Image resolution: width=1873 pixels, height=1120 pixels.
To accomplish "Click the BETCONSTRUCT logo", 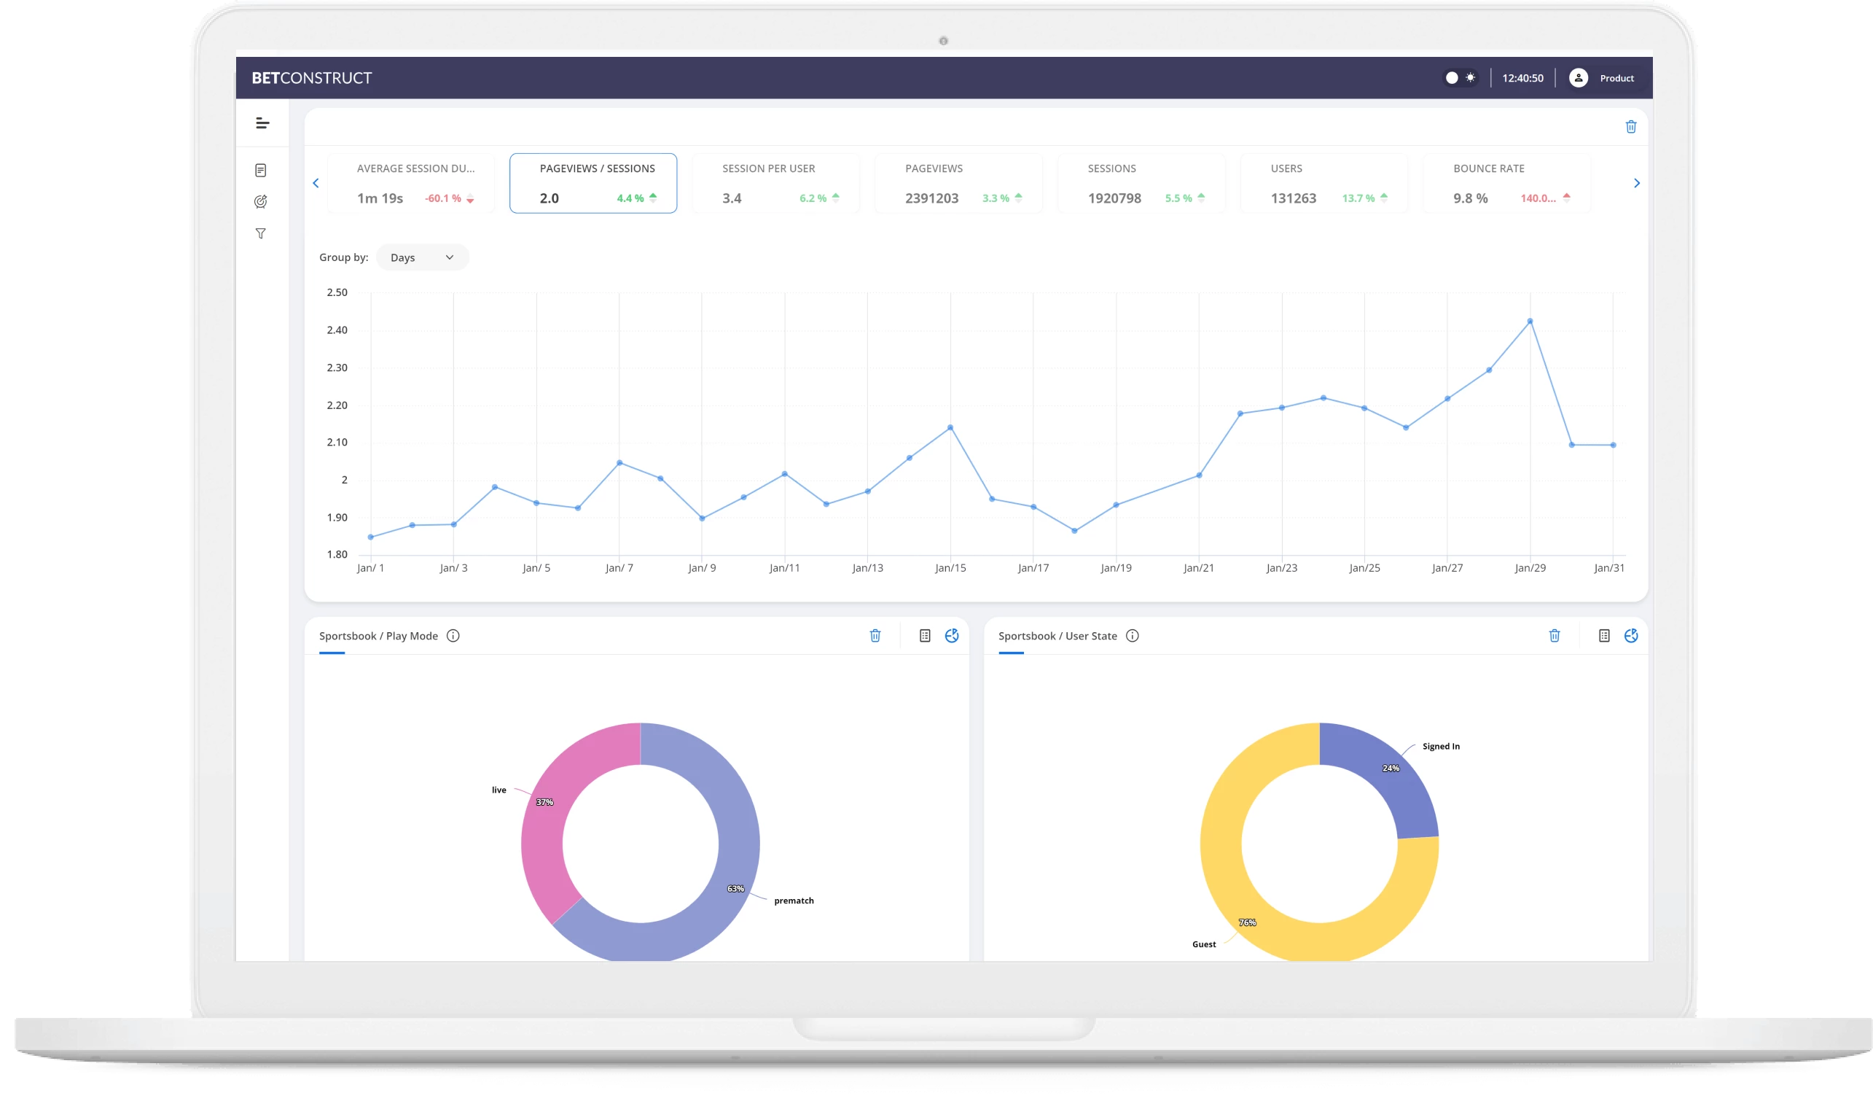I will tap(311, 78).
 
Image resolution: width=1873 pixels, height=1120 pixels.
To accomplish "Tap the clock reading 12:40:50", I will tap(1522, 78).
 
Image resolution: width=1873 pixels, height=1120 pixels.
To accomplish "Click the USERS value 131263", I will tap(1293, 198).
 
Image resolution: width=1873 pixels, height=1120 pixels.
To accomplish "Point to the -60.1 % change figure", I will tap(443, 198).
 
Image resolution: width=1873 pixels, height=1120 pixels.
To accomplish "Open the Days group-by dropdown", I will tap(422, 257).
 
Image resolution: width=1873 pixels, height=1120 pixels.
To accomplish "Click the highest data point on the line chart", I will tap(1530, 322).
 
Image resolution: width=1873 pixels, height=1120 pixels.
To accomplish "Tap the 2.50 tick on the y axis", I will tap(337, 292).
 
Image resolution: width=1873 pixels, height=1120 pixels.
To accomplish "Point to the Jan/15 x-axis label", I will tap(950, 567).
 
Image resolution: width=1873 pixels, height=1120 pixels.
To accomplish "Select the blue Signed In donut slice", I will tap(1388, 777).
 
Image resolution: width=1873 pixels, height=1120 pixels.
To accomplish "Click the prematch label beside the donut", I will tap(794, 901).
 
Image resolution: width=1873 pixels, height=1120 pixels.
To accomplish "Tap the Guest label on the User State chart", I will tap(1204, 944).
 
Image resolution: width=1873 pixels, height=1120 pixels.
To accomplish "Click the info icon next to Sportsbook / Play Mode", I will tap(453, 636).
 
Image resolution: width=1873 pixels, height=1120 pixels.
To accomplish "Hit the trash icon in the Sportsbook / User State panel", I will tap(1555, 636).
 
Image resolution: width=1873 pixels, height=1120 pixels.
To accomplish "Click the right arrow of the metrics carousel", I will tap(1636, 182).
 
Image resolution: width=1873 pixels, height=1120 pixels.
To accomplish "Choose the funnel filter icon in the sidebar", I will tap(261, 234).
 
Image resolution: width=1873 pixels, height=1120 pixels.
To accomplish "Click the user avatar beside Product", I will tap(1578, 78).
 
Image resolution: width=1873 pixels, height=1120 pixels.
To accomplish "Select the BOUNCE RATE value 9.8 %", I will tap(1470, 198).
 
